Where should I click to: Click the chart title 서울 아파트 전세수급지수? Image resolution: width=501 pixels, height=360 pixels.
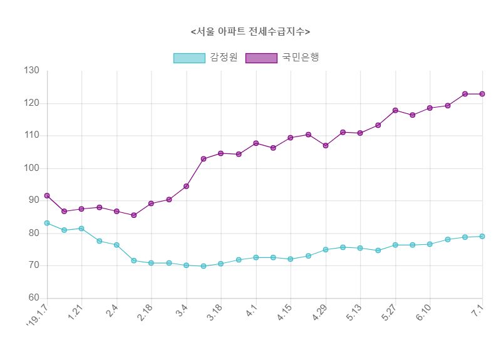[x=250, y=31]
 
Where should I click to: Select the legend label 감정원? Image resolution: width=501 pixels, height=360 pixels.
[x=224, y=58]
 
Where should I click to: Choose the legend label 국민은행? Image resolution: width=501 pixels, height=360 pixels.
[x=301, y=58]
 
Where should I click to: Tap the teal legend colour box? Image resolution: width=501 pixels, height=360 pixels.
[x=189, y=58]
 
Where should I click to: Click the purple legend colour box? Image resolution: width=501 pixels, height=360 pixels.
[x=261, y=58]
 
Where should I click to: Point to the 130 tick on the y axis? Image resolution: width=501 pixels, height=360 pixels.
[x=31, y=71]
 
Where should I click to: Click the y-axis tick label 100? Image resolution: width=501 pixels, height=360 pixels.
[x=31, y=168]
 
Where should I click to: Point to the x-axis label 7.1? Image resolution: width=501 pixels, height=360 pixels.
[x=480, y=309]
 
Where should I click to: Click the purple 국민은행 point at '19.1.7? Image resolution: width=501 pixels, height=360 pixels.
[x=47, y=196]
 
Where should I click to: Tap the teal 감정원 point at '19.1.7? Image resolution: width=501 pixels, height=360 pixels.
[x=47, y=223]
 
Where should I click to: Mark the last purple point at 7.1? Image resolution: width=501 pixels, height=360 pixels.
[x=482, y=94]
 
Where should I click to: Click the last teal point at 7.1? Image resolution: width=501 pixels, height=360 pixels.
[x=482, y=236]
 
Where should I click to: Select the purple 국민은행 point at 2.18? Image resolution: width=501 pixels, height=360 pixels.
[x=152, y=203]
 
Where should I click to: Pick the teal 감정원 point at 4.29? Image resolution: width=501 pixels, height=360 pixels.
[x=326, y=250]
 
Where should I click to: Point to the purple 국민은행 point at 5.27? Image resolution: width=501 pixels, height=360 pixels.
[x=395, y=110]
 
